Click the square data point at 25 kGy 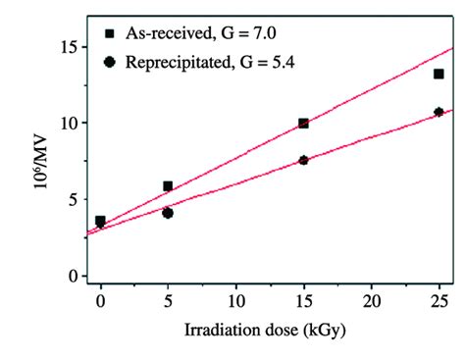(x=439, y=74)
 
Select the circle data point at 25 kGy (x=439, y=112)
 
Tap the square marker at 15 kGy (x=303, y=124)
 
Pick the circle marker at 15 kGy (x=303, y=160)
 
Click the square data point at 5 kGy (x=168, y=185)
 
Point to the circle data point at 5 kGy (x=168, y=213)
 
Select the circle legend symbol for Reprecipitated (x=110, y=64)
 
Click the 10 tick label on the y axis (x=67, y=123)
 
